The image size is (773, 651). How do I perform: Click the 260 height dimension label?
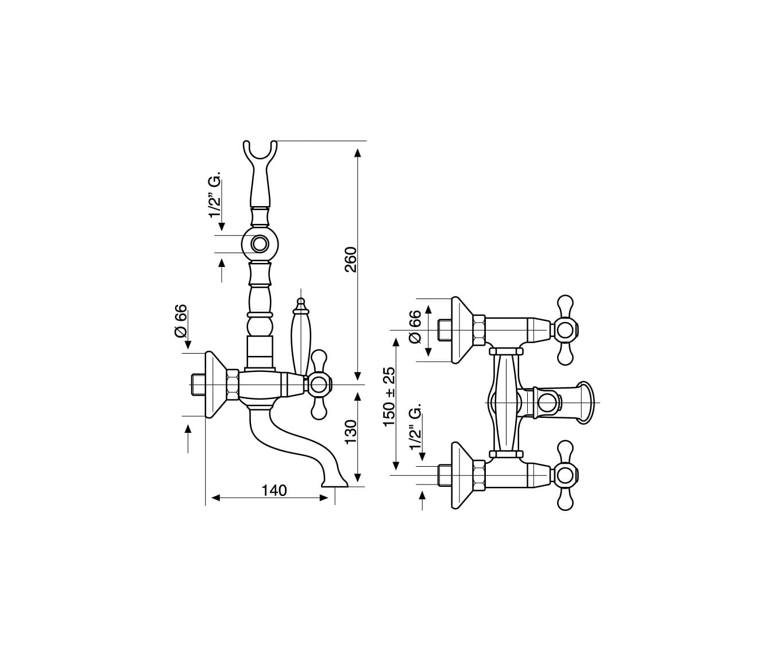[x=351, y=259]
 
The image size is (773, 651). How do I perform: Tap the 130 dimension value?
[x=351, y=431]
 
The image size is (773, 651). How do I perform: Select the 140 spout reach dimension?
[x=274, y=490]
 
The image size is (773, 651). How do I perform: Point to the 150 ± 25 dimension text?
[x=389, y=396]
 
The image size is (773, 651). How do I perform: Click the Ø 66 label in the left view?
[x=180, y=321]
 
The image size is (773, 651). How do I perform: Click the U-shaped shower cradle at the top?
[x=260, y=152]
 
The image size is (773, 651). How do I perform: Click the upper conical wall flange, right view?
[x=463, y=330]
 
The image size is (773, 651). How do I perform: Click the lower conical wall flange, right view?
[x=463, y=475]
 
